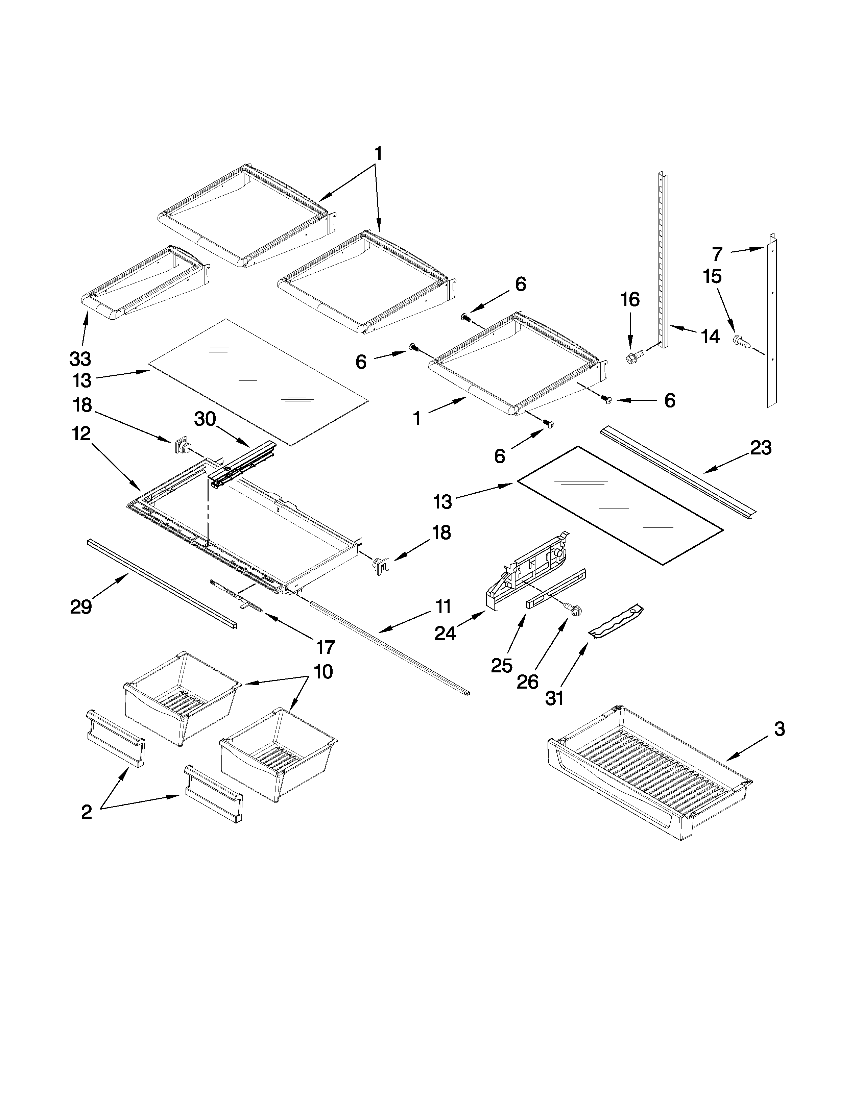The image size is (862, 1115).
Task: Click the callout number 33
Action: [x=80, y=359]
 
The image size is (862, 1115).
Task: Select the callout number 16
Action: [x=630, y=300]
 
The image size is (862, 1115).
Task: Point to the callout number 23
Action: [x=760, y=448]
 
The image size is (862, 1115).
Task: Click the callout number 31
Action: [x=554, y=698]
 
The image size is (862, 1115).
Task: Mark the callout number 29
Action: [x=81, y=606]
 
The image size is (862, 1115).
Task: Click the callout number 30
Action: [x=205, y=419]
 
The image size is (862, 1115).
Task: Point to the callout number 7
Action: [x=717, y=253]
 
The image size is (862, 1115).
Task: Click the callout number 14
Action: [x=710, y=337]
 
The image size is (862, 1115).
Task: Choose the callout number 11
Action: [x=443, y=606]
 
